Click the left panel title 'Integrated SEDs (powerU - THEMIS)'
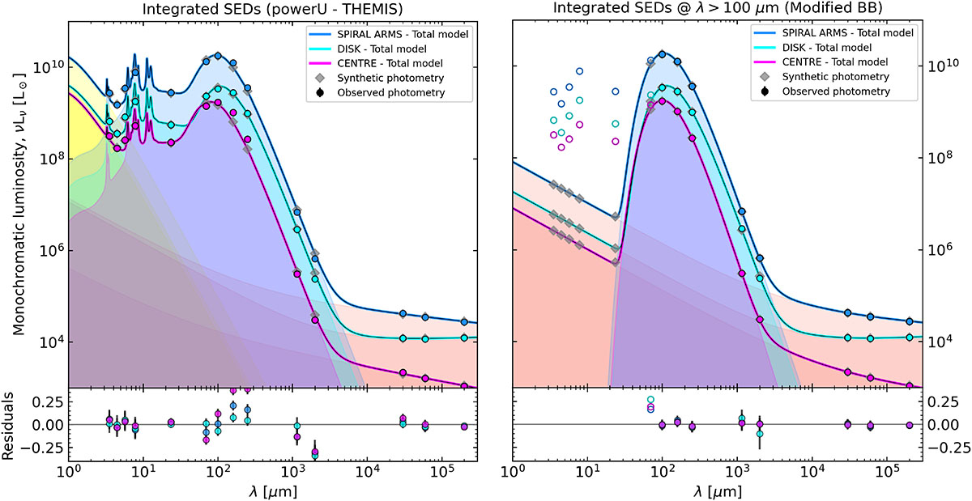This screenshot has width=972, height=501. [272, 9]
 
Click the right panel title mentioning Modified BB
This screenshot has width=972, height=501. [718, 8]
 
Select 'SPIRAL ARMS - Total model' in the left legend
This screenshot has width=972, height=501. [403, 34]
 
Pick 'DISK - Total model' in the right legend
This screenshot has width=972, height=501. [827, 47]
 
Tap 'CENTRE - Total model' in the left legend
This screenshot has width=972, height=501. [390, 63]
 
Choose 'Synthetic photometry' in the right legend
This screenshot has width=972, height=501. [836, 77]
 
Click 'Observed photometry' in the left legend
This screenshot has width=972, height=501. [391, 92]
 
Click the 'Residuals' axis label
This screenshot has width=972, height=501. [8, 426]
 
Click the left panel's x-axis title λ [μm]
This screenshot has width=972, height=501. [273, 491]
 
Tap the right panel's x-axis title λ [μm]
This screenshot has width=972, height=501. [718, 491]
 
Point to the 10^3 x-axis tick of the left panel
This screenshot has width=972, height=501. [292, 472]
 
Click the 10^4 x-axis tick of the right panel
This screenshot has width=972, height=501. [811, 472]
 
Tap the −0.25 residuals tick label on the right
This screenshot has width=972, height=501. [948, 448]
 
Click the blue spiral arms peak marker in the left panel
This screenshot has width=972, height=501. [218, 56]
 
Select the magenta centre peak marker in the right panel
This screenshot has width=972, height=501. [663, 101]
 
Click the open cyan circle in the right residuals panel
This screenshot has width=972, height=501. [650, 400]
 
